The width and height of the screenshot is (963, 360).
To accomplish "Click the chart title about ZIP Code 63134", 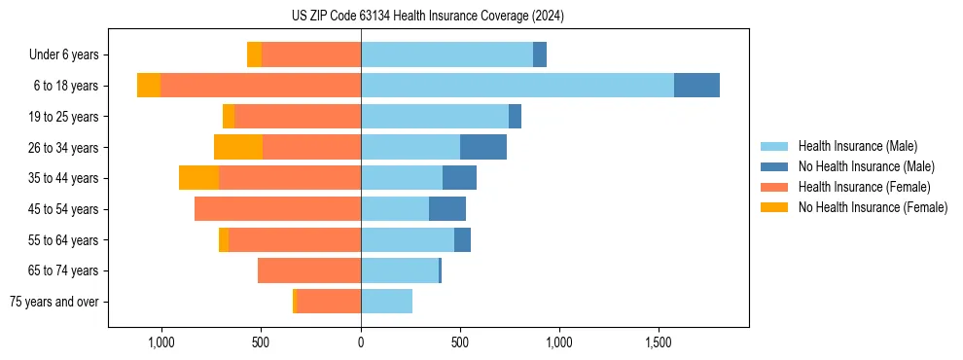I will (428, 17).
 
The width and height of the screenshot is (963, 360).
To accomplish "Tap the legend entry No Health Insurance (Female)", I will (873, 207).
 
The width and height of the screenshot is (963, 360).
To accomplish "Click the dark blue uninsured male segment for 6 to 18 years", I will (696, 86).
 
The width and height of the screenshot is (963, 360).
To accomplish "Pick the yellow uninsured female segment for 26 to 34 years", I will (238, 147).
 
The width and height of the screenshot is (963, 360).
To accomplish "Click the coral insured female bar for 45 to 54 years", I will (278, 209).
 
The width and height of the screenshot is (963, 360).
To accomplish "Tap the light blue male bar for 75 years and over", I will (386, 302).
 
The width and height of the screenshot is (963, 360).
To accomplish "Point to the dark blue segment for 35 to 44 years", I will (459, 178).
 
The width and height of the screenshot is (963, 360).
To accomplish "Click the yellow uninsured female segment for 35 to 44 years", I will (199, 178).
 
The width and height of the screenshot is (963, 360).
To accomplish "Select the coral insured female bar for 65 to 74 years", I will (309, 270).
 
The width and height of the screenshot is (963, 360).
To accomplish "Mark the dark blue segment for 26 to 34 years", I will (483, 147).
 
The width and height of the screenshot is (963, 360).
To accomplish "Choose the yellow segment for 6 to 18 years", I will (149, 86).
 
